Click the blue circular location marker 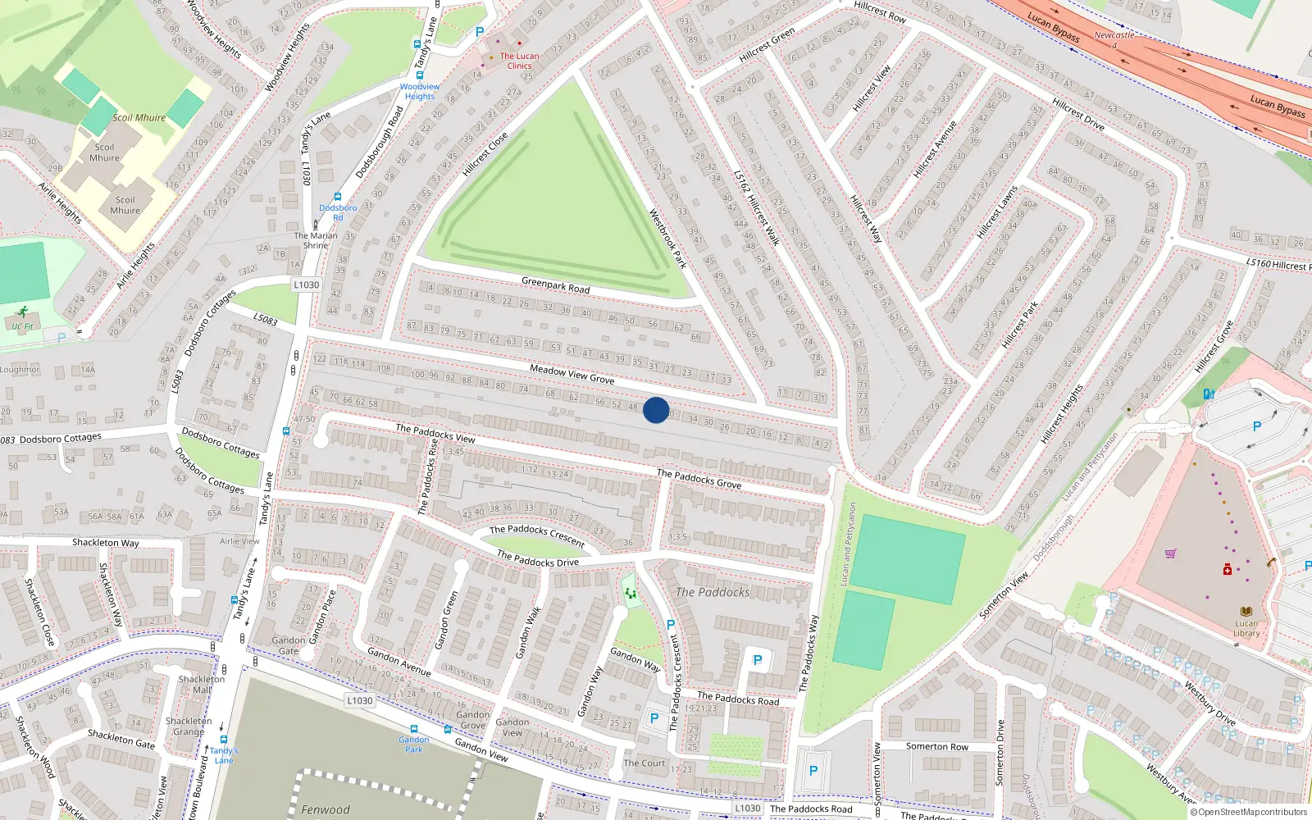coord(656,410)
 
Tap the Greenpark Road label coord(555,285)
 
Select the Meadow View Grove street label coord(572,374)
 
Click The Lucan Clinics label coord(520,61)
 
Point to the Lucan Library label coord(1246,628)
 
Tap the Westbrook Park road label coord(667,238)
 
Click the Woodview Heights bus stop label coord(420,91)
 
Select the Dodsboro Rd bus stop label coord(338,212)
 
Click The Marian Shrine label coord(316,240)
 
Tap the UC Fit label coord(22,326)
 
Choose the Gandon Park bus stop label coord(414,744)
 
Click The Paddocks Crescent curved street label coord(537,535)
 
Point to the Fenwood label coord(325,809)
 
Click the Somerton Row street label coord(936,746)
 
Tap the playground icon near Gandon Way coord(630,594)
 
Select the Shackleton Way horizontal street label coord(105,543)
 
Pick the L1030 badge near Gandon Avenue coord(359,700)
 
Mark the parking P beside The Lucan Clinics coord(480,32)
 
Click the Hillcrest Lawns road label coord(997,212)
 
